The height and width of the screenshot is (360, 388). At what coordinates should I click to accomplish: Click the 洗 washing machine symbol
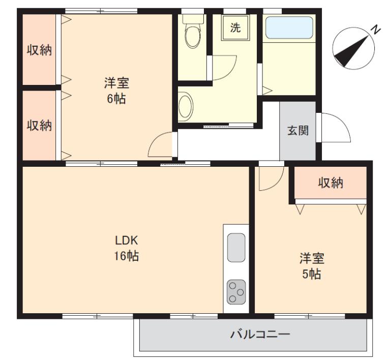coord(235,28)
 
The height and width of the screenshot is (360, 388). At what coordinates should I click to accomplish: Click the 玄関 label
coord(298,130)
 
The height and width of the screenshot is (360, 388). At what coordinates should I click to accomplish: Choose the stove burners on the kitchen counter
coord(236,292)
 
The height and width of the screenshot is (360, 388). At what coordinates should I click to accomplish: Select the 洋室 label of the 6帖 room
coord(116,83)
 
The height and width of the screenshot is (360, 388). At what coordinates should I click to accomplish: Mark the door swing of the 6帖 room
coord(161,146)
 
